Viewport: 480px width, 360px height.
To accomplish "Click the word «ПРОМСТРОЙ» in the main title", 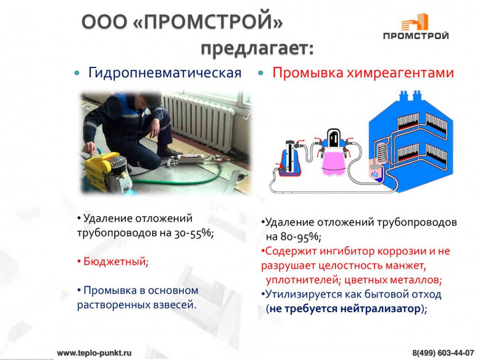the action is point(208,22).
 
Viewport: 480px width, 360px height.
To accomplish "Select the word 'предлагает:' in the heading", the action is point(257,48).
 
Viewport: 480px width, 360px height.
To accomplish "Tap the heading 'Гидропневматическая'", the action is point(165,73).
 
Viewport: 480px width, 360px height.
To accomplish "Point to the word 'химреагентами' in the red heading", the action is point(400,73).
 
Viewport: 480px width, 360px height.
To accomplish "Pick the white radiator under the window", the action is point(199,121).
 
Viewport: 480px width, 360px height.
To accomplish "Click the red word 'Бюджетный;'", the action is point(116,261).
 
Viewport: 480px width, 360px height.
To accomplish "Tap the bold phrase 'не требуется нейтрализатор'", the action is point(345,308).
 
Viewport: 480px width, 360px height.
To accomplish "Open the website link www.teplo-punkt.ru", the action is point(94,353).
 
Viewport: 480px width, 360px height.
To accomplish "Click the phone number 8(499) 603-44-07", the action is point(443,353).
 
